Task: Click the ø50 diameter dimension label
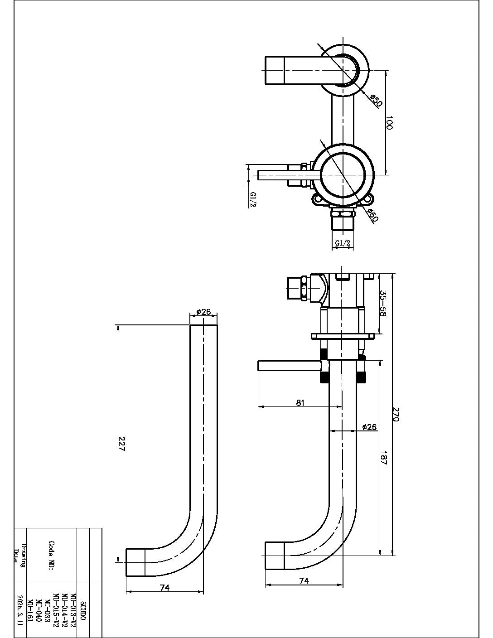[x=376, y=101]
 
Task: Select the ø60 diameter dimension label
[x=372, y=215]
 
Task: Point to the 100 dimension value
[x=389, y=123]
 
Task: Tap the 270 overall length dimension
[x=395, y=414]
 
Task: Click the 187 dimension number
[x=384, y=459]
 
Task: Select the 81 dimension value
[x=300, y=402]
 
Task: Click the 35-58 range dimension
[x=383, y=304]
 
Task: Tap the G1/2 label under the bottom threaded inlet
[x=343, y=243]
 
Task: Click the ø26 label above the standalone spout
[x=203, y=312]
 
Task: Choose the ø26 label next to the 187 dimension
[x=370, y=427]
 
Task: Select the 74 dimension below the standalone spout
[x=164, y=588]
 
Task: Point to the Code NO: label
[x=52, y=556]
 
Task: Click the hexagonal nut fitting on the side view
[x=298, y=288]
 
